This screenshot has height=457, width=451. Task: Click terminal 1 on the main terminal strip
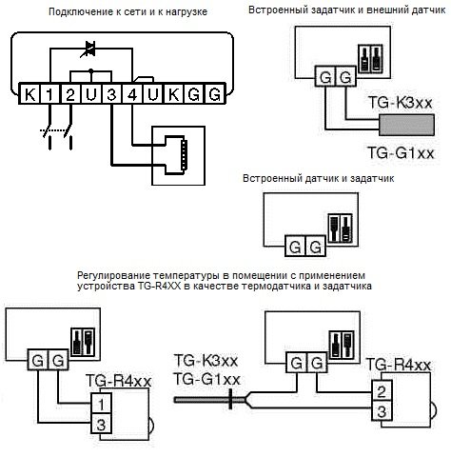[x=49, y=94]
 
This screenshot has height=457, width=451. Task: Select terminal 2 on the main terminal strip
[x=70, y=94]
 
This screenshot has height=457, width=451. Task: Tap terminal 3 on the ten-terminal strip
[x=111, y=94]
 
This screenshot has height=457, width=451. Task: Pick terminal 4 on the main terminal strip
[x=132, y=94]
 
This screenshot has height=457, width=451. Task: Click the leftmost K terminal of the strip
[x=29, y=94]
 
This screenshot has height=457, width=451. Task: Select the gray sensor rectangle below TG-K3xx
[x=406, y=125]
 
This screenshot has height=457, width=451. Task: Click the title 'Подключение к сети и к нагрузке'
[x=127, y=11]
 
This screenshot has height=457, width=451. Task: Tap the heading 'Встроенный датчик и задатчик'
[x=318, y=178]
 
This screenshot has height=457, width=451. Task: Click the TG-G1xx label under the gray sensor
[x=401, y=153]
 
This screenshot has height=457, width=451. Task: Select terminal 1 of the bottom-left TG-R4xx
[x=101, y=404]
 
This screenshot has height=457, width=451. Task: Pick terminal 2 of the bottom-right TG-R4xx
[x=382, y=391]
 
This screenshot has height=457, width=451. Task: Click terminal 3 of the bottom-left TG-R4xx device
[x=101, y=424]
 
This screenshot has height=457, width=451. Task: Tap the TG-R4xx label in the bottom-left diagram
[x=118, y=381]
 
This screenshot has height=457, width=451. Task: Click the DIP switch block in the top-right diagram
[x=370, y=59]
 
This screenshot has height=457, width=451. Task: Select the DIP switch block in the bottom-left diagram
[x=83, y=342]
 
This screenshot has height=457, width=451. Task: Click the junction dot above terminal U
[x=91, y=70]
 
